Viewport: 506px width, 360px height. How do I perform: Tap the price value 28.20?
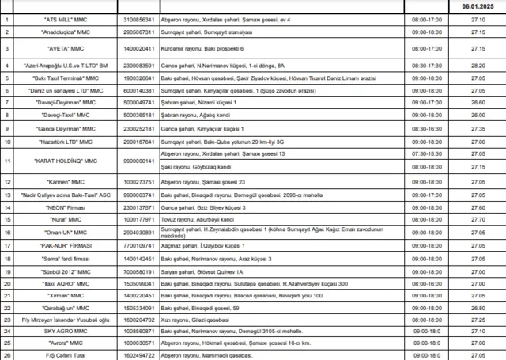click(x=478, y=66)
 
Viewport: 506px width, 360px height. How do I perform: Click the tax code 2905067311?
click(x=139, y=32)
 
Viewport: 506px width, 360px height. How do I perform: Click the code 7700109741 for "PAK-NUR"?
click(x=139, y=246)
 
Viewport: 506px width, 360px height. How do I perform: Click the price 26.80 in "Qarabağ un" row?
click(x=478, y=307)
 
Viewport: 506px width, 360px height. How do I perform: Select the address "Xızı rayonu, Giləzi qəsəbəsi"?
click(x=194, y=319)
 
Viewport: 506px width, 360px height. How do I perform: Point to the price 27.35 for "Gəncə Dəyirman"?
click(x=478, y=127)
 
